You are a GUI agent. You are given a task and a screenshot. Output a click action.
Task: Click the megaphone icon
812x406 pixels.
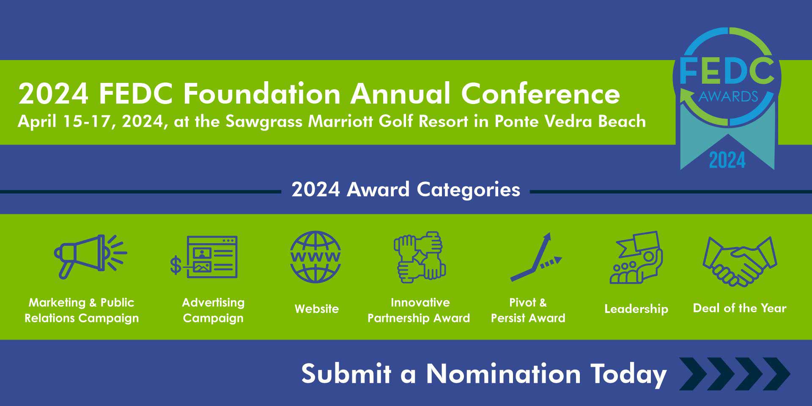click(90, 256)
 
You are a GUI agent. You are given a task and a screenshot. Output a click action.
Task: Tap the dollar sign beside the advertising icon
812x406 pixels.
click(176, 266)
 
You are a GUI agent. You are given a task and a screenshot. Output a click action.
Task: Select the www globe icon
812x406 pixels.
click(315, 257)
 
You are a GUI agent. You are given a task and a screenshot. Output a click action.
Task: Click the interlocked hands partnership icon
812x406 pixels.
click(420, 257)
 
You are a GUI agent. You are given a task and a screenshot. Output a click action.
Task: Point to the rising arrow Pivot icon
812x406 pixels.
click(535, 257)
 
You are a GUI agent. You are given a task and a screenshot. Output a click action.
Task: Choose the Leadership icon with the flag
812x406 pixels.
click(636, 257)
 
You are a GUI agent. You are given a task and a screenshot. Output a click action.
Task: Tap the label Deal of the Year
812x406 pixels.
click(740, 308)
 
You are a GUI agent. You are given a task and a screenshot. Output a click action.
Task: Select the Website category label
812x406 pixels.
click(317, 309)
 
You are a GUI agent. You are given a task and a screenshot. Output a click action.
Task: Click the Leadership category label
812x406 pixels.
click(636, 309)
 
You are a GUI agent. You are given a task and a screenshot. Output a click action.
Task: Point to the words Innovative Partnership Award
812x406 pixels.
click(419, 310)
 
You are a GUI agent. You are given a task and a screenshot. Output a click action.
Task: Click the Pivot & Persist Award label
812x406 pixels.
click(528, 310)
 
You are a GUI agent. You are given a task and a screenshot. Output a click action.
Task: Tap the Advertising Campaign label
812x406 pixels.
click(213, 310)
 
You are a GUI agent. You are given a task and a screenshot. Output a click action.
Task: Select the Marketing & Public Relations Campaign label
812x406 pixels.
click(82, 310)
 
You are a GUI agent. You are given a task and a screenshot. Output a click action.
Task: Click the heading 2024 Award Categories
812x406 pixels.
click(406, 189)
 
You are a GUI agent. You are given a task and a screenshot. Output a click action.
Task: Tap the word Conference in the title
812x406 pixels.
click(540, 93)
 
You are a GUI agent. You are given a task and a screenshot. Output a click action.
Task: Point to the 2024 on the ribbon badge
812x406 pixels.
click(727, 160)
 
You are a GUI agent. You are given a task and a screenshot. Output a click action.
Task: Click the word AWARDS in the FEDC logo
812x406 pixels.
click(728, 97)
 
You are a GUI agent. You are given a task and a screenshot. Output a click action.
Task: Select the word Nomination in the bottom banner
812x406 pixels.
click(503, 374)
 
